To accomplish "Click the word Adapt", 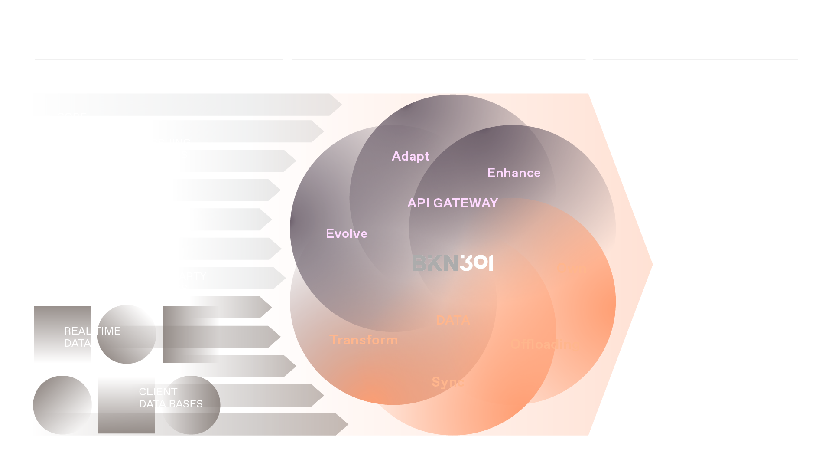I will coord(410,156).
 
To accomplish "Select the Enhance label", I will coord(513,173).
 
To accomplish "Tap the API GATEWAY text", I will coord(452,203).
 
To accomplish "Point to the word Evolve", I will coord(346,233).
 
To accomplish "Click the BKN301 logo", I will coord(452,263).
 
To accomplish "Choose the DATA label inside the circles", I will coord(453,320).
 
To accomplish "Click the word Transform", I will coord(363,340).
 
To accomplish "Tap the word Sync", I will coord(448,382).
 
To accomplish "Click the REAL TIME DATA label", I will coord(92,337).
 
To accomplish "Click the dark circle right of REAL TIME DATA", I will coord(126,334).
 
